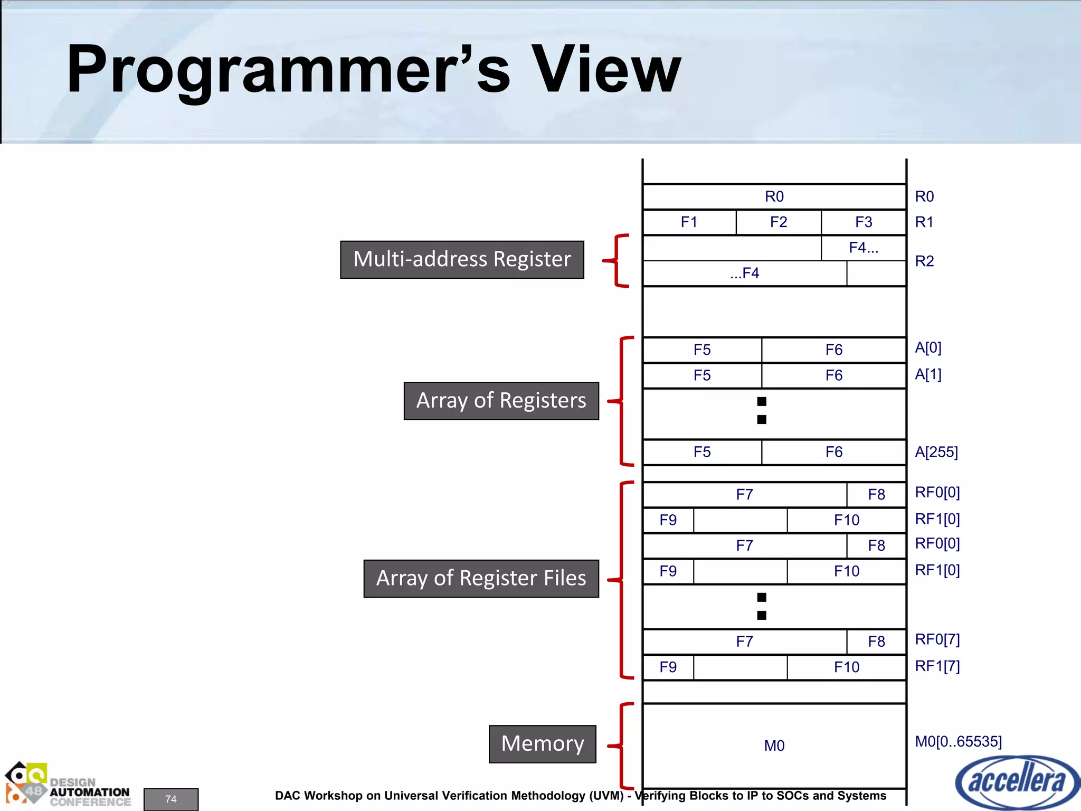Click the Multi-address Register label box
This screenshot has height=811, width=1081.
[x=462, y=259]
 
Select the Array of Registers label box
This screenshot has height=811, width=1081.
[x=501, y=401]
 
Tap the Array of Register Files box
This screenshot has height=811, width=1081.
[x=481, y=578]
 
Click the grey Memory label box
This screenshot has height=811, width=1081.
[x=542, y=744]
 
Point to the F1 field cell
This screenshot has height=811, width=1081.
[x=689, y=222]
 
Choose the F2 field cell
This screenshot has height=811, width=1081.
[x=778, y=222]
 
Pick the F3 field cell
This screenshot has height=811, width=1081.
[x=864, y=222]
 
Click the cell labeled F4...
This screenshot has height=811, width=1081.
[x=864, y=248]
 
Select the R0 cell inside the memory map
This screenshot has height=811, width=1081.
[x=774, y=196]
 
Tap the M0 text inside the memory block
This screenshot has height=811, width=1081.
[x=774, y=746]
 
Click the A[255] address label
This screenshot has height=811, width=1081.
[x=936, y=452]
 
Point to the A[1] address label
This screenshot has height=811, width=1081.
[x=928, y=374]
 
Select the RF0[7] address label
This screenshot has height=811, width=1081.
[x=937, y=639]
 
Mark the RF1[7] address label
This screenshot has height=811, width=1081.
[x=937, y=666]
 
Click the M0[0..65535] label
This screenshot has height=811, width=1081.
[x=958, y=741]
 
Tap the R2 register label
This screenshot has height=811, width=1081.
[x=924, y=261]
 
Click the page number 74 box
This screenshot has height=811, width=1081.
[x=171, y=799]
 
